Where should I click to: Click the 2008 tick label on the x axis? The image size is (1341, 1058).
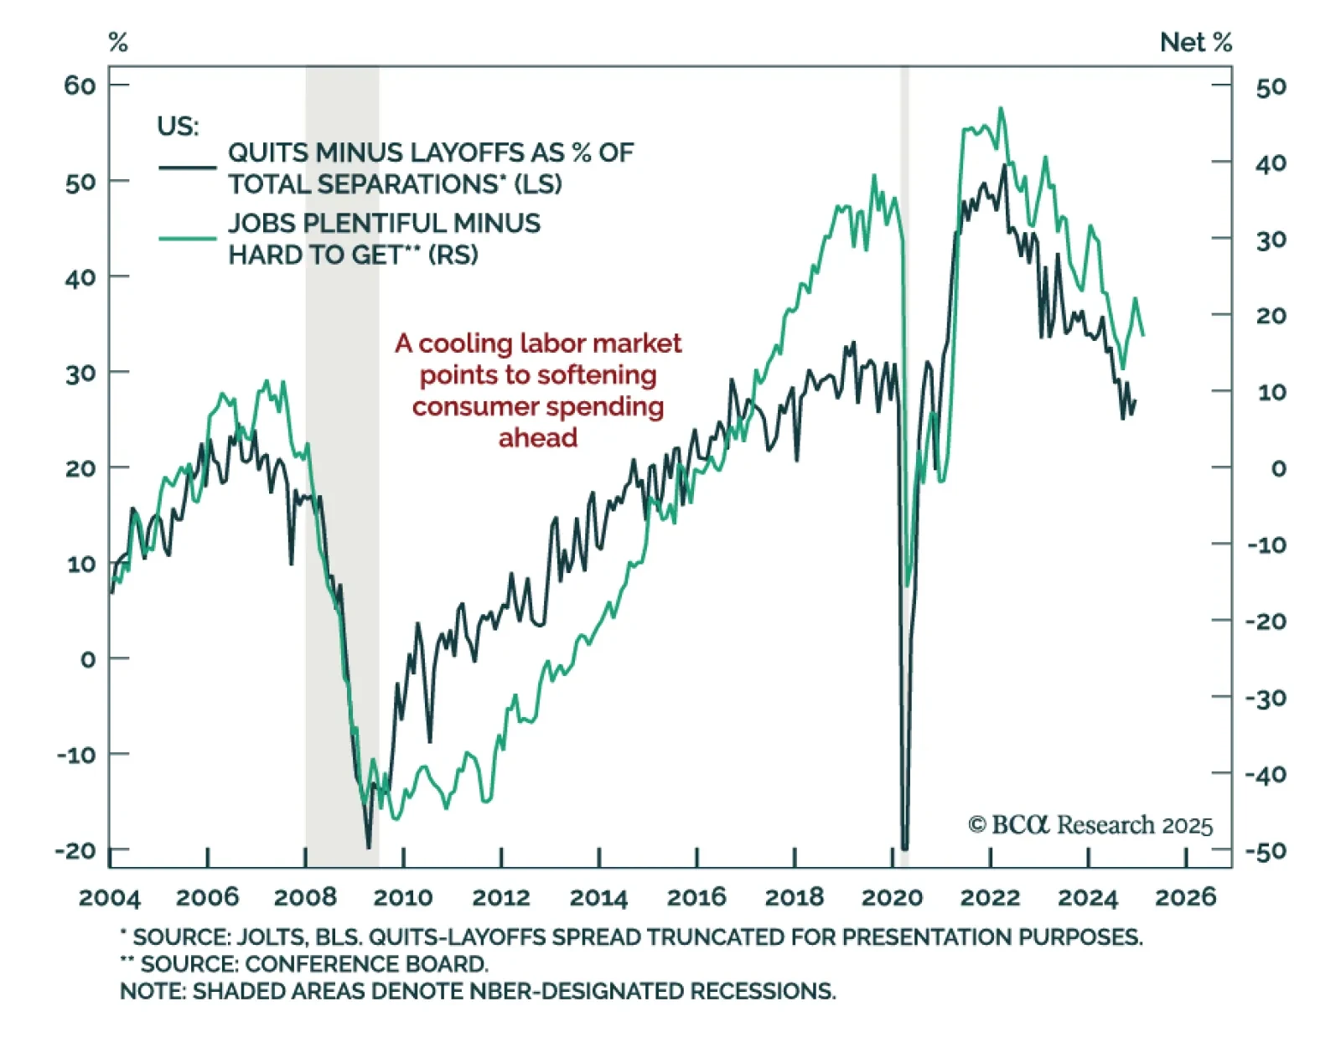click(x=305, y=898)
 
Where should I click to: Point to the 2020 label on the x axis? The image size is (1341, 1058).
click(x=892, y=898)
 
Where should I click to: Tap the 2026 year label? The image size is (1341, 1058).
click(x=1185, y=898)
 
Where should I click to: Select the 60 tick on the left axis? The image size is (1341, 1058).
click(x=80, y=85)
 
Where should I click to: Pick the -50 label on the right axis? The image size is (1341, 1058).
click(x=1266, y=852)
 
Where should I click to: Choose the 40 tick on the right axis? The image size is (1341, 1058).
click(x=1271, y=163)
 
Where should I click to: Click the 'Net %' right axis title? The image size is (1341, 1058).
click(x=1195, y=43)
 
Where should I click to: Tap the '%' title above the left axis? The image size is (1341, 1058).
click(x=118, y=43)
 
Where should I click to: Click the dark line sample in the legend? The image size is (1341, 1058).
click(x=187, y=168)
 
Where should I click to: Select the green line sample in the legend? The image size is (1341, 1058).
click(x=187, y=239)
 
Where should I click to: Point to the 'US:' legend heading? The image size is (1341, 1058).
click(x=178, y=126)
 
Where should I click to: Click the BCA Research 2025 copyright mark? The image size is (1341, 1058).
click(x=1090, y=825)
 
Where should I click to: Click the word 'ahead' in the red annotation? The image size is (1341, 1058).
click(x=538, y=438)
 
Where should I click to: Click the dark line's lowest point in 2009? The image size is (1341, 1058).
click(x=368, y=848)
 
